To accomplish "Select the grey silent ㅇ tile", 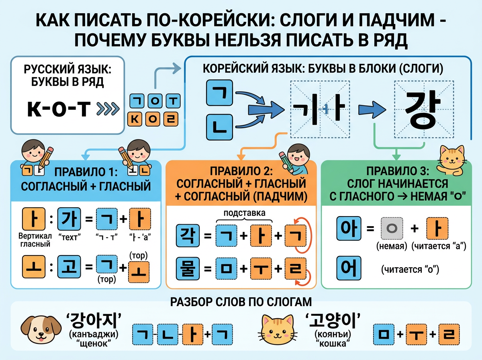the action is [388, 229].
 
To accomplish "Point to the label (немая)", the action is [388, 246].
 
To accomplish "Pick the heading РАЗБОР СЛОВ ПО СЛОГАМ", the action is [241, 302].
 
